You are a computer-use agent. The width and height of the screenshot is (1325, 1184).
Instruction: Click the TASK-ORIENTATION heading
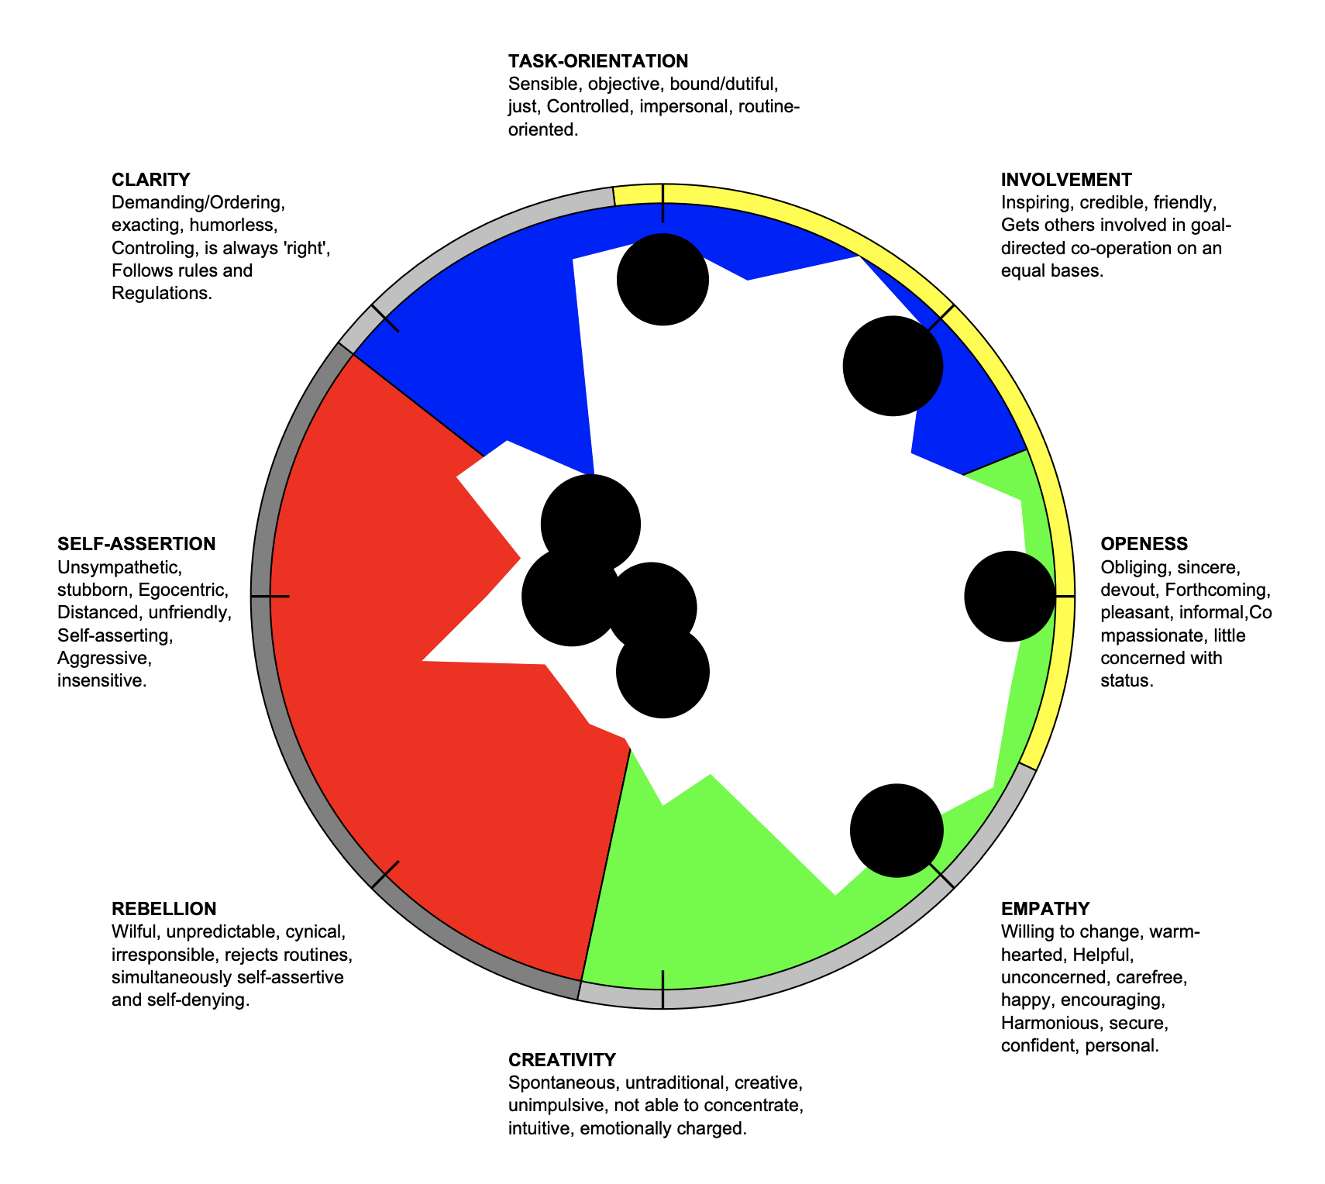[597, 61]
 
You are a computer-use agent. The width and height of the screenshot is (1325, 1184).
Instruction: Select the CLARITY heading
[150, 180]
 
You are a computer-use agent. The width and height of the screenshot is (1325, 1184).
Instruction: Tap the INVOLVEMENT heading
[1065, 180]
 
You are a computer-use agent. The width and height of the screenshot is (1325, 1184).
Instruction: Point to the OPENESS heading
[1144, 544]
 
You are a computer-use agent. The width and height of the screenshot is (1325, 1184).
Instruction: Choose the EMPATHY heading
[1045, 909]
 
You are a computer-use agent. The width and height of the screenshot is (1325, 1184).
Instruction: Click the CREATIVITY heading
[562, 1060]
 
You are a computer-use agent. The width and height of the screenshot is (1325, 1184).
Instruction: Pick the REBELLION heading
[163, 909]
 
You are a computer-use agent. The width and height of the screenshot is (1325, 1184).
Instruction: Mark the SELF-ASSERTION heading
[136, 544]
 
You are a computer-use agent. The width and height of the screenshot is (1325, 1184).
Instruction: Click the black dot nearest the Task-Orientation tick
[662, 280]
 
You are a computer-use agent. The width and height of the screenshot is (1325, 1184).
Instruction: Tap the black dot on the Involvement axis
[893, 366]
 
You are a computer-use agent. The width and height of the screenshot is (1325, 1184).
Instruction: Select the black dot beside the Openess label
[1010, 597]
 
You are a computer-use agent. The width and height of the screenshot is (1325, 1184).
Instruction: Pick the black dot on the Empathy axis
[897, 831]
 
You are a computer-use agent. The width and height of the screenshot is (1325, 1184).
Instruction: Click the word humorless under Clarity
[232, 225]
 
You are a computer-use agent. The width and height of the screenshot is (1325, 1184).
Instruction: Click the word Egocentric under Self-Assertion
[183, 590]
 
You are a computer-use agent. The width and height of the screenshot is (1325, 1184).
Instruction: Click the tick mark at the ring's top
[662, 203]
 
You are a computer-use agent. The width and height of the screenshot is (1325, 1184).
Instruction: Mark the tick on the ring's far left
[270, 597]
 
